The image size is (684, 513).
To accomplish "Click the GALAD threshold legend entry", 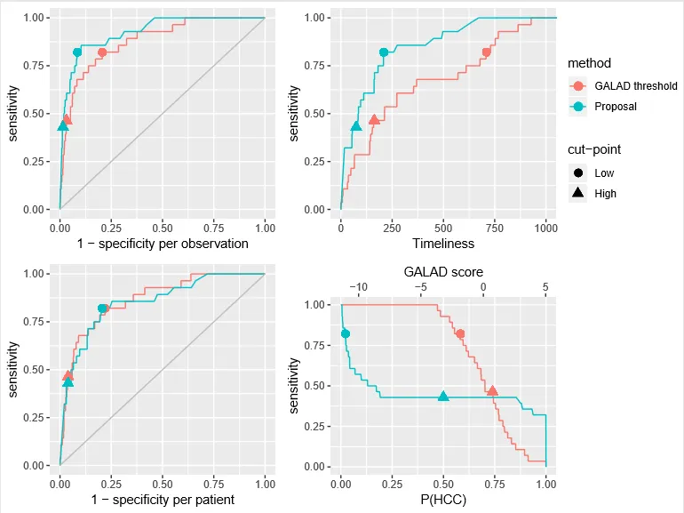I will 621,86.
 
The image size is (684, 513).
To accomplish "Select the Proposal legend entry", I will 615,107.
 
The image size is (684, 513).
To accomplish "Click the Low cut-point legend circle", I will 578,173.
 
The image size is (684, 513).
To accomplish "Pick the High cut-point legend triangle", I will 578,193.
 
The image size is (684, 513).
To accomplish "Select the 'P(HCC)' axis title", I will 443,500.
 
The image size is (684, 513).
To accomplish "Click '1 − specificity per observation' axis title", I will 163,244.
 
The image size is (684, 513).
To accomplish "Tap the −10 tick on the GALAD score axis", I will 358,287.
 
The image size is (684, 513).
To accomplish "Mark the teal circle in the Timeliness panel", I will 384,52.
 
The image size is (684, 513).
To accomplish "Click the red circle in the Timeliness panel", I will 486,52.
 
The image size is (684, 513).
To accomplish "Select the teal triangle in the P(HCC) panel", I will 443,396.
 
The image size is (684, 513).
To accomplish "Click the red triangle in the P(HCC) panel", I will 492,391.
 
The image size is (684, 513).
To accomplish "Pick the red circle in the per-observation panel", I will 101,52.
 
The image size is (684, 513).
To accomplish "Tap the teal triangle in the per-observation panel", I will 62,126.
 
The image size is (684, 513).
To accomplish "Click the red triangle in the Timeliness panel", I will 374,120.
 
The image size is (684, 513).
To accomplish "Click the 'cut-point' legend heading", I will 594,150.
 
